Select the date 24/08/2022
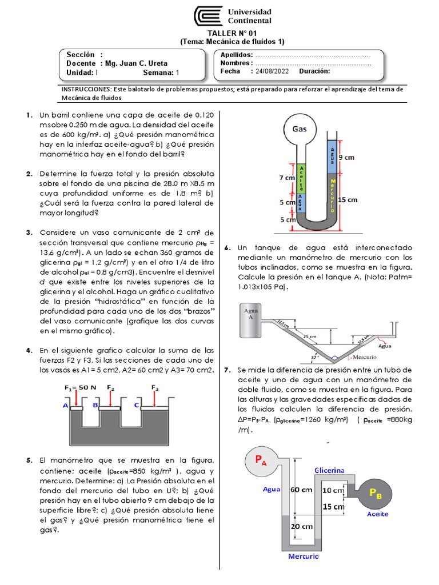click(273, 72)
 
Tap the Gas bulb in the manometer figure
click(300, 130)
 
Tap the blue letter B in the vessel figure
click(96, 405)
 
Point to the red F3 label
click(155, 388)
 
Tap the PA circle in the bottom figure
click(260, 462)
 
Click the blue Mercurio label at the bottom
click(304, 556)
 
